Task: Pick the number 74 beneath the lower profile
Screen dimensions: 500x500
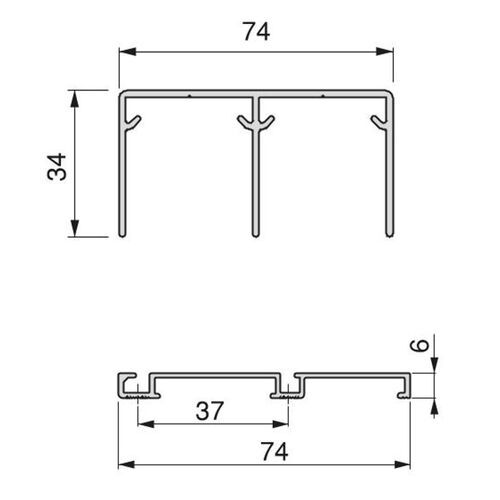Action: tap(256, 452)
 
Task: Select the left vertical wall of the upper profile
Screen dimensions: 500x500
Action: tap(122, 180)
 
